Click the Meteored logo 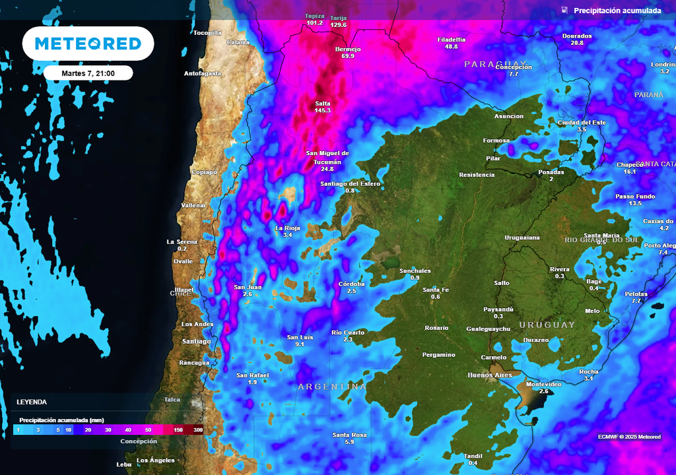point(88,44)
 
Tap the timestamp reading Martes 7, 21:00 point(88,73)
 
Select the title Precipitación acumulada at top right point(617,11)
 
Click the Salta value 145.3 point(323,110)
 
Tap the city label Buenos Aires point(489,375)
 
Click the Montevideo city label point(543,384)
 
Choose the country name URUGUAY point(547,325)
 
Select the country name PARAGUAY point(495,64)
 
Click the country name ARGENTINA point(331,387)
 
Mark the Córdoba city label point(351,284)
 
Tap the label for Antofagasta point(202,73)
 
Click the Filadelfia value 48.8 point(452,47)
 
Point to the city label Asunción point(508,116)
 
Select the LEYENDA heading point(32,402)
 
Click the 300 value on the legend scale point(197,430)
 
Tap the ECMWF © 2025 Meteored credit point(629,437)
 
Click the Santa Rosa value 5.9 point(349,442)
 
